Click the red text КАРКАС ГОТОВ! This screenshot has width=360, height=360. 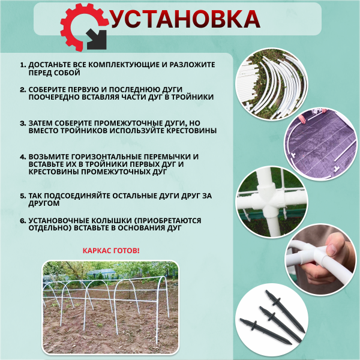pos(110,250)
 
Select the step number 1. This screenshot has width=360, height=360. pos(23,64)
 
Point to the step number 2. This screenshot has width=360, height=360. pos(23,89)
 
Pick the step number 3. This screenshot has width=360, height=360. pos(23,122)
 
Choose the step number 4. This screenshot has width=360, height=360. pos(23,156)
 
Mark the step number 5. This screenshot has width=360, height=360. pos(23,196)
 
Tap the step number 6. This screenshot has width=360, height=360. pos(23,220)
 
